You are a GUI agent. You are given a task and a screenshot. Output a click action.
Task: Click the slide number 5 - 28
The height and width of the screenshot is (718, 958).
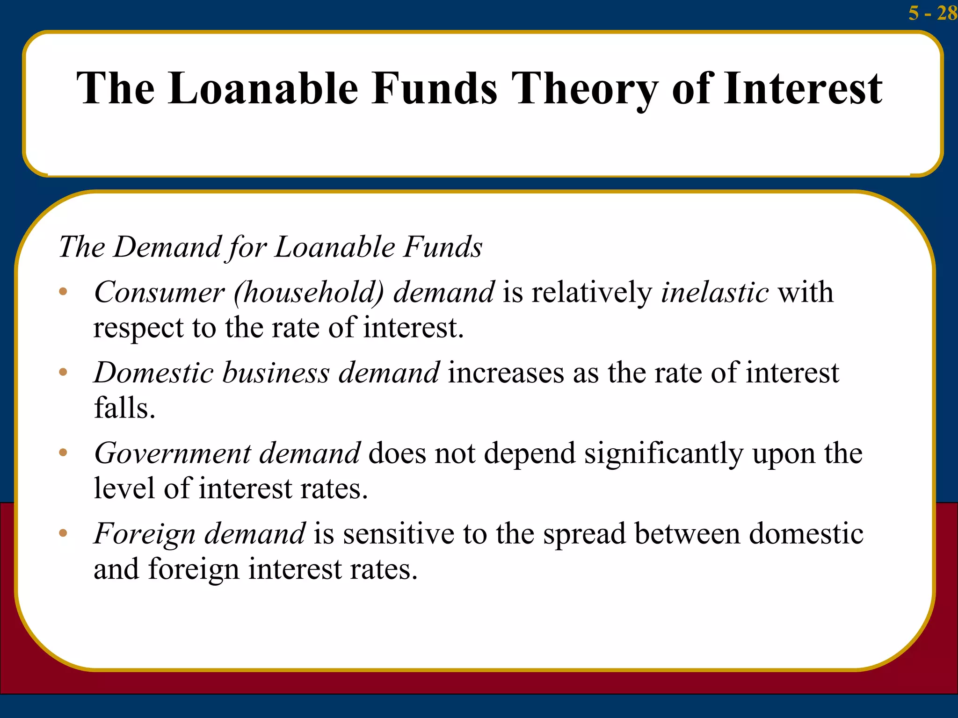(932, 13)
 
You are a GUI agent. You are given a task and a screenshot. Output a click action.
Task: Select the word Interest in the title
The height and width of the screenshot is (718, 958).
(803, 88)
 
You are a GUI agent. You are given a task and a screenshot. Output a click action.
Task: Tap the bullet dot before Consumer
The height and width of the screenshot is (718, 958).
(63, 293)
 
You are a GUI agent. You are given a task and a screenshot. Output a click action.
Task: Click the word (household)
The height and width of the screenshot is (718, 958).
(309, 293)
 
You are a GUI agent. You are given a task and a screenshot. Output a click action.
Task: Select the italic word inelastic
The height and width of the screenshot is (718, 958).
(714, 293)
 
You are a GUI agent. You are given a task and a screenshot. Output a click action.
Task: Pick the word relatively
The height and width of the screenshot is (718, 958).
(591, 293)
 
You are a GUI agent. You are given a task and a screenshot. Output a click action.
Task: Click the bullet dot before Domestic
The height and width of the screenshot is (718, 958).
(63, 373)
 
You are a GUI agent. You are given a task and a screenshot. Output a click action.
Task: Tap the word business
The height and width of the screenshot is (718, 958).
(276, 373)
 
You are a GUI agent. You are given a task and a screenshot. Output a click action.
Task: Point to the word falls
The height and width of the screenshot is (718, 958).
(124, 408)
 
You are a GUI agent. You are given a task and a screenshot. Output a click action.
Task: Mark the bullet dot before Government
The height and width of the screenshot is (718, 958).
(63, 452)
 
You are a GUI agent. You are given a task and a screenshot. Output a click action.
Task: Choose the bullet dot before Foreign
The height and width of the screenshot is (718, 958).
(63, 533)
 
